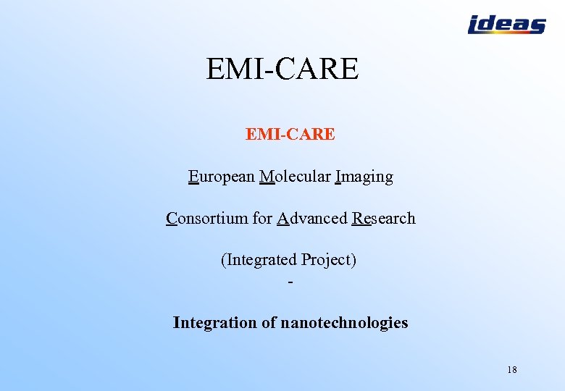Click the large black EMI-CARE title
[x=282, y=70]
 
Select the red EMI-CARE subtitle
[x=290, y=134]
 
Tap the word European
[x=221, y=177]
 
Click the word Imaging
[x=364, y=177]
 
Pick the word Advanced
[x=312, y=219]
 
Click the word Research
[x=384, y=219]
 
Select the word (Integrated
[x=259, y=260]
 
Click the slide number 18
[x=512, y=370]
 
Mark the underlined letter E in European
[x=193, y=177]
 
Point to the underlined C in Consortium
[x=172, y=219]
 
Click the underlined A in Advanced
[x=283, y=219]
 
